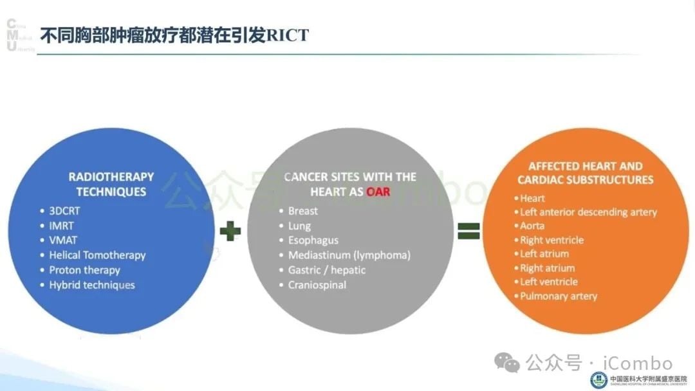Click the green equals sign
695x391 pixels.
tap(468, 231)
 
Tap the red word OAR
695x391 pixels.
tap(378, 192)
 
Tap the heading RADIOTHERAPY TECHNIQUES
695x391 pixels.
tap(111, 184)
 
